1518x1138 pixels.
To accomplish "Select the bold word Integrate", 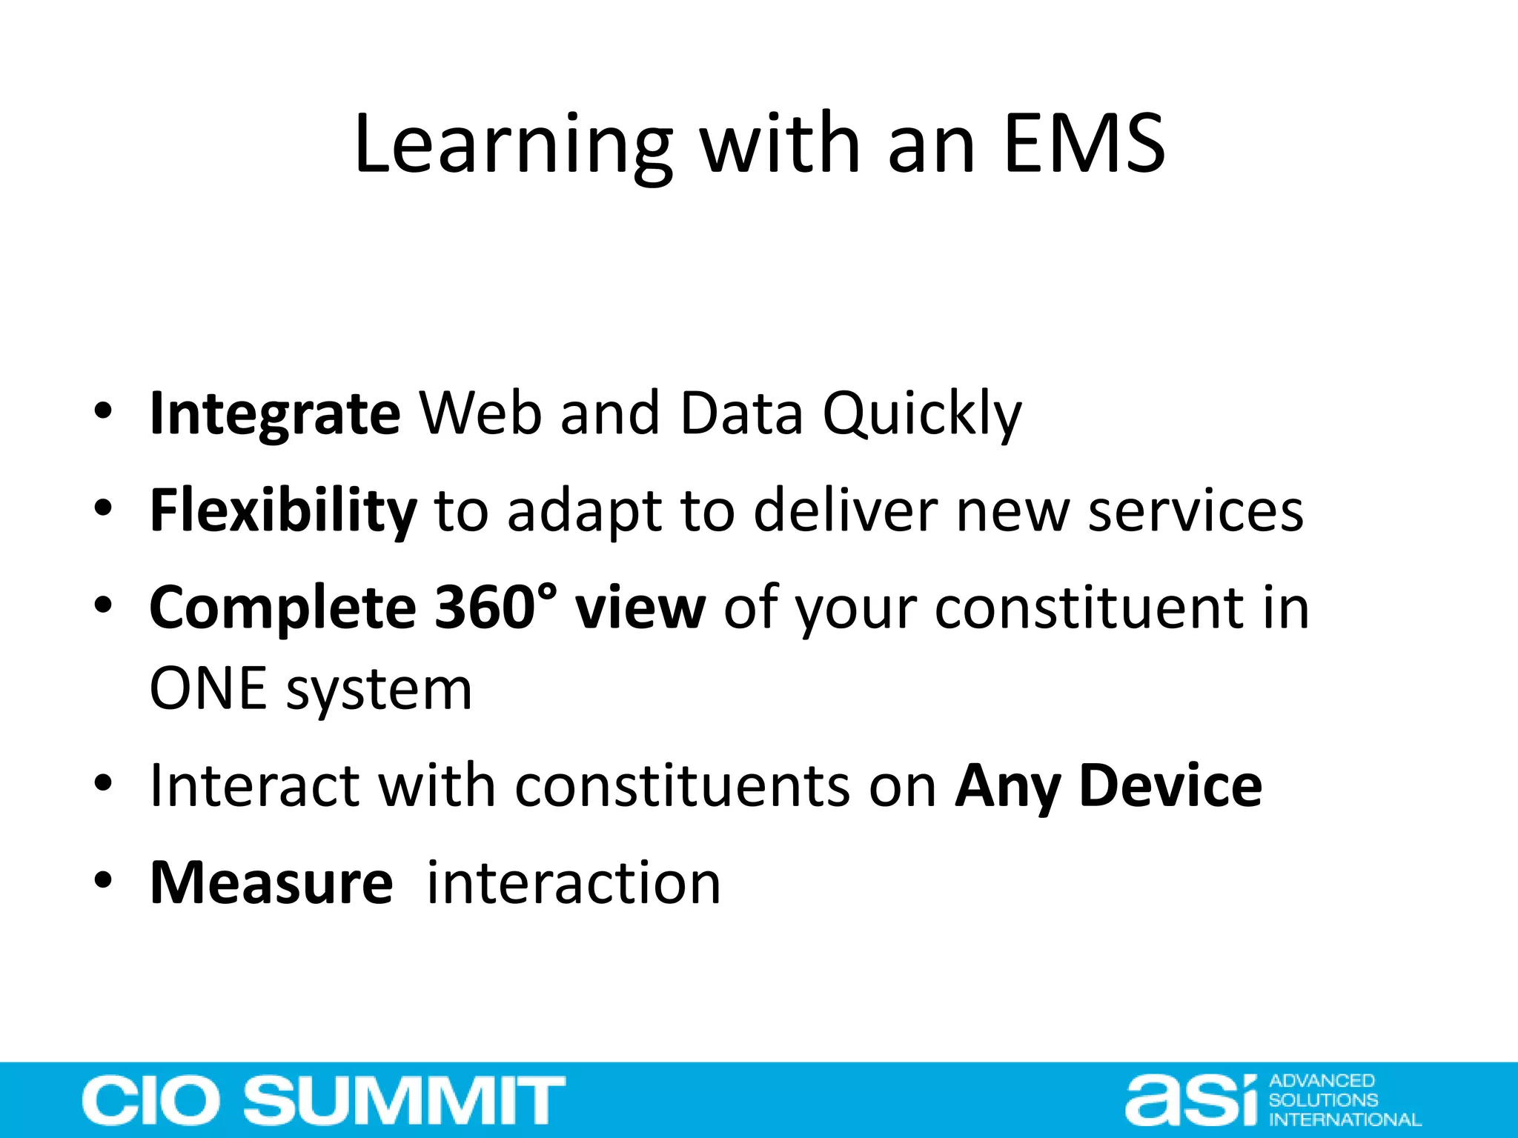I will click(x=275, y=413).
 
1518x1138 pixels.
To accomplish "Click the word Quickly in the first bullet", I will click(x=922, y=413).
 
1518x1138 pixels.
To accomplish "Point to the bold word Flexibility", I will click(x=283, y=511).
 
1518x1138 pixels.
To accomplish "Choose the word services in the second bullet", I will click(x=1195, y=511).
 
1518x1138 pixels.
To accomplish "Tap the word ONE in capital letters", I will click(x=208, y=689).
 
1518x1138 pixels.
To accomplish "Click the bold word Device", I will click(x=1171, y=785).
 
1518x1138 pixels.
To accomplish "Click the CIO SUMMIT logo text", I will click(x=323, y=1099).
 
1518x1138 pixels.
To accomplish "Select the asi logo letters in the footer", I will click(x=1190, y=1101).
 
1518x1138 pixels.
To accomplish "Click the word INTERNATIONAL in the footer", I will click(x=1345, y=1119).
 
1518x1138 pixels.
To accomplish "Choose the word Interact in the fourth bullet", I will click(x=255, y=785).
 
